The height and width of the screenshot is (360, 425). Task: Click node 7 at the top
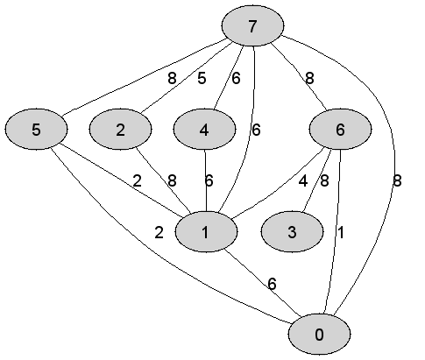point(252,26)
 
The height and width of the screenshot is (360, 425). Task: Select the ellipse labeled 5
point(36,130)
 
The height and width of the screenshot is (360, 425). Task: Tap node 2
point(120,130)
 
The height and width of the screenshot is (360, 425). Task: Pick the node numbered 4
point(204,130)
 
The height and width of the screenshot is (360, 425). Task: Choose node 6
point(340,130)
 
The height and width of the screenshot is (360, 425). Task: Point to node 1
point(206,232)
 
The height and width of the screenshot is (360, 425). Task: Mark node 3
point(292,232)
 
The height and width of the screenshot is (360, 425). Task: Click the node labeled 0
point(320,335)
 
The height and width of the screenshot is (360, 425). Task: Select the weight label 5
point(202,78)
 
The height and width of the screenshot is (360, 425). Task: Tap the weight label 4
point(303,181)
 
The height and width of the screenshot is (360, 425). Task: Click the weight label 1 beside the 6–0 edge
point(341,232)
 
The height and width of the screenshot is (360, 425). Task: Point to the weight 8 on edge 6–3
point(324,181)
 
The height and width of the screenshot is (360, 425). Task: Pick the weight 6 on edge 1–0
point(272,284)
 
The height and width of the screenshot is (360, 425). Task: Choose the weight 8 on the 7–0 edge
point(397,181)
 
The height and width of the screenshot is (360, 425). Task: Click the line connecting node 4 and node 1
point(206,180)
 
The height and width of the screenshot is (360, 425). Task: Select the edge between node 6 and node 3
point(316,180)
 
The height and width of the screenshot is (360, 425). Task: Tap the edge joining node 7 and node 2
point(187,78)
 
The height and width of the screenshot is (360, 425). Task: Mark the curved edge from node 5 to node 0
point(152,251)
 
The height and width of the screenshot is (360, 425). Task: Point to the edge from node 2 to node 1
point(164,180)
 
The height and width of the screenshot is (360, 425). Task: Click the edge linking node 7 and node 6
point(300,76)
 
